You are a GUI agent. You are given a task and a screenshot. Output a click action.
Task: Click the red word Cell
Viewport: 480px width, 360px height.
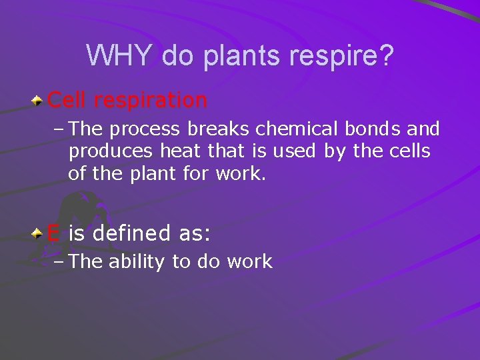click(x=68, y=100)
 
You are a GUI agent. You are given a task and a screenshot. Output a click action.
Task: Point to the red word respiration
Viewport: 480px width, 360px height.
click(x=151, y=100)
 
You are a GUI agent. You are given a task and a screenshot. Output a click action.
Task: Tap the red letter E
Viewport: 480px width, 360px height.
click(x=54, y=234)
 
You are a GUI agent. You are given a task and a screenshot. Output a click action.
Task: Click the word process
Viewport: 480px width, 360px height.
click(x=140, y=129)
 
